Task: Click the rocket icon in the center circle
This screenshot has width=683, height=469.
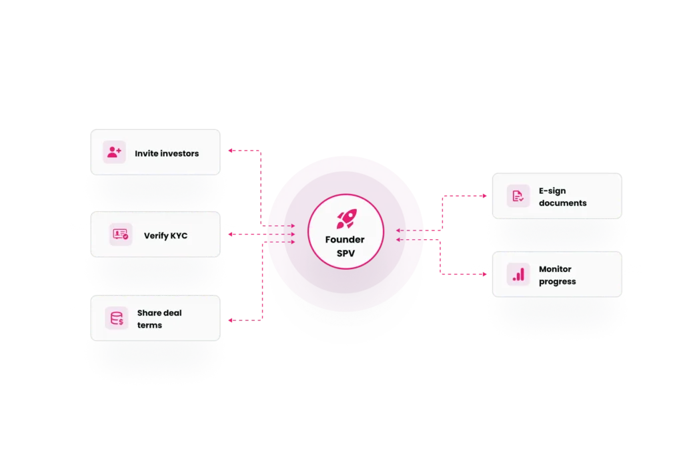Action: pyautogui.click(x=347, y=219)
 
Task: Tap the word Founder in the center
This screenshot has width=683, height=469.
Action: pyautogui.click(x=345, y=240)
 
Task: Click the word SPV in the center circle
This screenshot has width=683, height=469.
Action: pyautogui.click(x=346, y=253)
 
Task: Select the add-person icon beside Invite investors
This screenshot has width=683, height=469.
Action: pyautogui.click(x=114, y=152)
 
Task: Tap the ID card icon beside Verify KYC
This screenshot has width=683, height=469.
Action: pyautogui.click(x=121, y=234)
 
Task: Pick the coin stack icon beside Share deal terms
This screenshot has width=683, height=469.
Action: pyautogui.click(x=117, y=318)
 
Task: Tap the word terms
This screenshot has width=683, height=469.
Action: pyautogui.click(x=149, y=325)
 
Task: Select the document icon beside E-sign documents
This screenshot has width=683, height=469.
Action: pyautogui.click(x=518, y=197)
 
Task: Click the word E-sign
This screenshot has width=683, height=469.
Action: pyautogui.click(x=552, y=191)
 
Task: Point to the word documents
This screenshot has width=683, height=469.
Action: pyautogui.click(x=563, y=203)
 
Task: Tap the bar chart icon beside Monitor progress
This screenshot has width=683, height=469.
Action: pyautogui.click(x=518, y=274)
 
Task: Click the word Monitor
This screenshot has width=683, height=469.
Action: pyautogui.click(x=555, y=269)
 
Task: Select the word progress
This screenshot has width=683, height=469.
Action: pyautogui.click(x=557, y=282)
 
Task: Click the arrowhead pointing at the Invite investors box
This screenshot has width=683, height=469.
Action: pyautogui.click(x=230, y=151)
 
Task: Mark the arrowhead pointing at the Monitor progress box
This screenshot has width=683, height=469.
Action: pyautogui.click(x=484, y=274)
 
